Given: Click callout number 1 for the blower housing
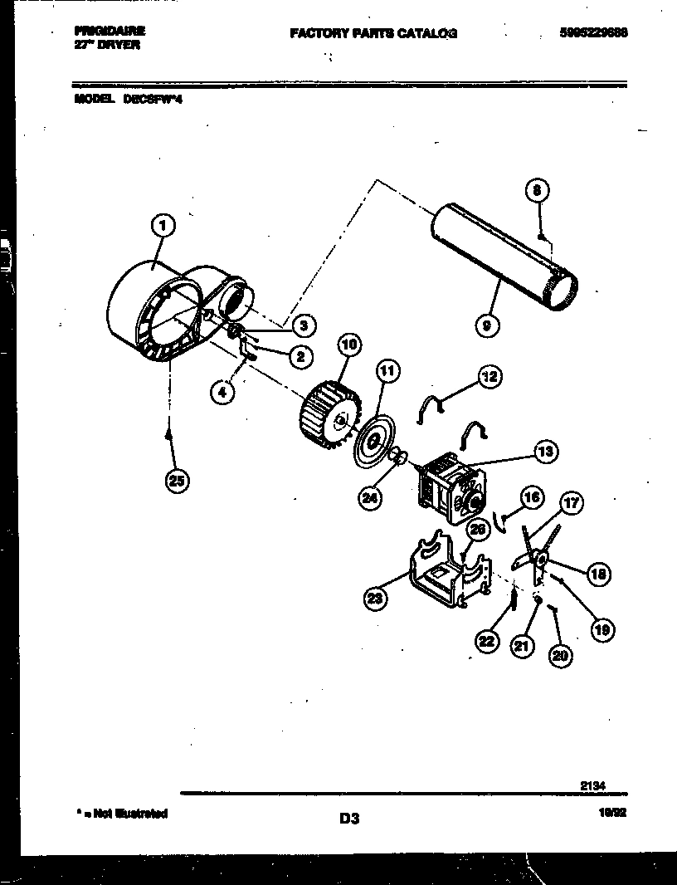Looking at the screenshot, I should pyautogui.click(x=164, y=225).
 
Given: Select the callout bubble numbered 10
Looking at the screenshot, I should pyautogui.click(x=348, y=343).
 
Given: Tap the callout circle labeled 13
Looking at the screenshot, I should pyautogui.click(x=545, y=452).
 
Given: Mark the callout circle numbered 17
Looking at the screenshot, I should pyautogui.click(x=571, y=502).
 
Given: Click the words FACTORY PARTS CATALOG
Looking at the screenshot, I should pyautogui.click(x=373, y=34).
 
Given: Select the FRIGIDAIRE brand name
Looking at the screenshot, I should pyautogui.click(x=110, y=30).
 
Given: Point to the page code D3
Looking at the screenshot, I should pyautogui.click(x=348, y=819).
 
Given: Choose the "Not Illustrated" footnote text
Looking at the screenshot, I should pyautogui.click(x=121, y=814).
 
